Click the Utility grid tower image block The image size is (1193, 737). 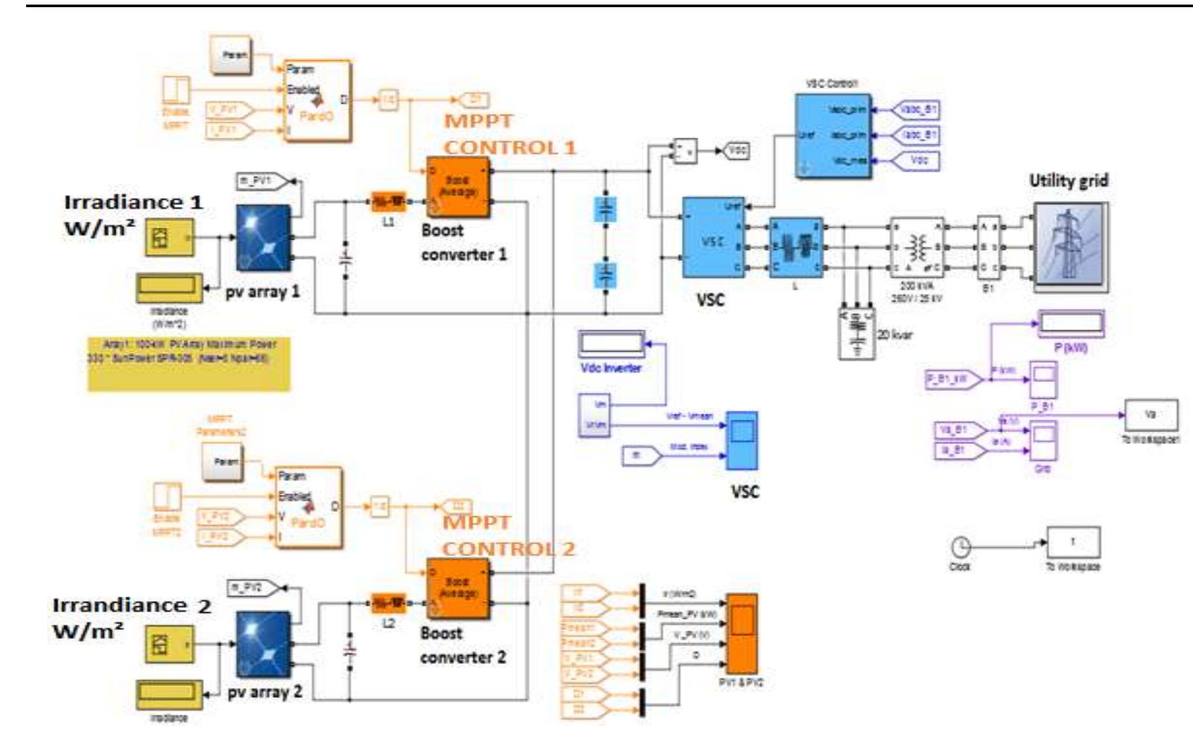click(x=1070, y=247)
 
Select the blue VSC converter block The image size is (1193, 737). click(x=713, y=238)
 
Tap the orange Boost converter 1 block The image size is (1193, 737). click(x=458, y=187)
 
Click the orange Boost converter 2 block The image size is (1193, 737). click(x=458, y=589)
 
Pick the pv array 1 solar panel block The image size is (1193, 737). click(x=263, y=237)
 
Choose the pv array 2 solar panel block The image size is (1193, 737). click(x=263, y=644)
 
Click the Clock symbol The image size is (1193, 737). click(x=961, y=546)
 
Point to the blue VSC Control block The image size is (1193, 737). click(x=832, y=136)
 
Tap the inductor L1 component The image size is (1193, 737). click(x=388, y=202)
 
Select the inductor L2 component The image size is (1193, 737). click(x=388, y=603)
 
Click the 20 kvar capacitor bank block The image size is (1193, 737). click(x=856, y=333)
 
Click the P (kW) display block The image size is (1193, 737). click(x=1070, y=324)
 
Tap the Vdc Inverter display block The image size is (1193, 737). click(x=611, y=344)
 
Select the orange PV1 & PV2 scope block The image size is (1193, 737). click(x=742, y=633)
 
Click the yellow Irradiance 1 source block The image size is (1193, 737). click(x=169, y=238)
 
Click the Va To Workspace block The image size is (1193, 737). click(x=1151, y=415)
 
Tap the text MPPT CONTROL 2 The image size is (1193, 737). click(x=508, y=535)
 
